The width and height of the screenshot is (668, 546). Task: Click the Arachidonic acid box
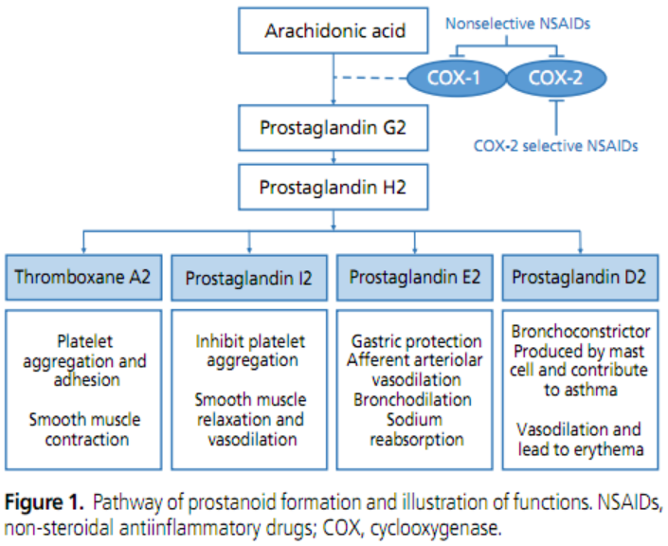[334, 32]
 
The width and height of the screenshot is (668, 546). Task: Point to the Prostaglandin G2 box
[334, 128]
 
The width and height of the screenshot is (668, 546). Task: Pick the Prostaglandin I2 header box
[249, 278]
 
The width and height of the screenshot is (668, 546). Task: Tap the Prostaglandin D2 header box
[580, 278]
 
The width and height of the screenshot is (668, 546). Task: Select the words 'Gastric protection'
[416, 340]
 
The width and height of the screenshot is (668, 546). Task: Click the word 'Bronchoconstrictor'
[580, 332]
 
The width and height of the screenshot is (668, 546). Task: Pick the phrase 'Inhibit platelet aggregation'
[249, 351]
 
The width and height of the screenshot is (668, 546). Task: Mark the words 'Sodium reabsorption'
[416, 429]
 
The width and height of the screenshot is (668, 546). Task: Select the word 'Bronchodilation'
[416, 399]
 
